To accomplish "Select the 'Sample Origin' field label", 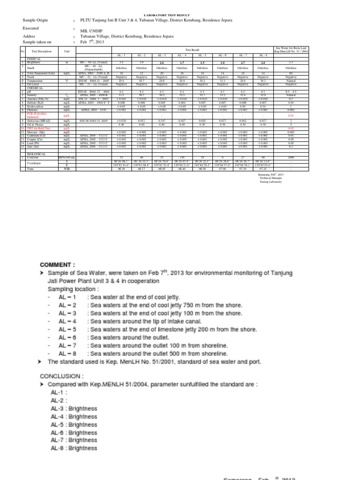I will click(x=36, y=21).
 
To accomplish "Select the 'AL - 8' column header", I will click(x=263, y=55).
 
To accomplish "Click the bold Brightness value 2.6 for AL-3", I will click(x=162, y=62).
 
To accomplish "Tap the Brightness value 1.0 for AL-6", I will click(x=223, y=62).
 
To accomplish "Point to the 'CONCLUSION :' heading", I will click(x=61, y=375).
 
